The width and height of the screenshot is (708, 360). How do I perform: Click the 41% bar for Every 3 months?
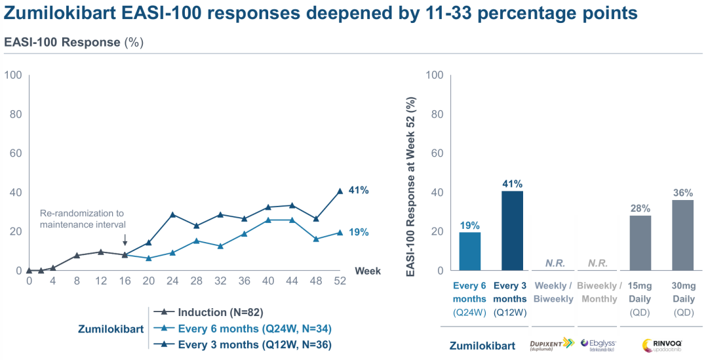512,230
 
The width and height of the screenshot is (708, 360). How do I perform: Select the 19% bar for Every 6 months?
469,251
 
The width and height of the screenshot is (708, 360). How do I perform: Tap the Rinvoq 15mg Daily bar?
640,243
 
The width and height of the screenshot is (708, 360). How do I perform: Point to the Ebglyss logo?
597,345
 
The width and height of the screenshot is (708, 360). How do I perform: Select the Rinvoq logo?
661,345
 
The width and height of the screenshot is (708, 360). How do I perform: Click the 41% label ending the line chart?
359,190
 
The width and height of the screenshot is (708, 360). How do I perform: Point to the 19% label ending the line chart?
359,232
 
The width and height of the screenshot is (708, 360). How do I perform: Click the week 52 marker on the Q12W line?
340,191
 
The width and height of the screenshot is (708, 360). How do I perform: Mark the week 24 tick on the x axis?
172,281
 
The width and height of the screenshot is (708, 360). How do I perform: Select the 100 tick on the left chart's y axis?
13,75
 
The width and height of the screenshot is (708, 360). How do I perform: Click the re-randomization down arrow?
125,240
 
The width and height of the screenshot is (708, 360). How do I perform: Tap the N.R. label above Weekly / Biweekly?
555,263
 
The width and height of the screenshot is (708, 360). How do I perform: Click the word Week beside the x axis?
367,271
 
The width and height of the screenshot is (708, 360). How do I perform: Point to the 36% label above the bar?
682,193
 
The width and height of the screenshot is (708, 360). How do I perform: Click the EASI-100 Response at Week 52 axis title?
412,186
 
